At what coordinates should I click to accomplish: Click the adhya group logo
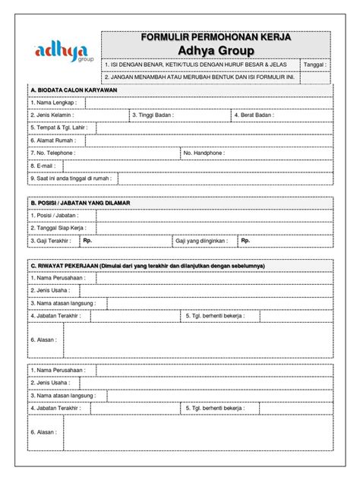coord(61,53)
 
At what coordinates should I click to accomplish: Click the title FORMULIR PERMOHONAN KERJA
coord(216,37)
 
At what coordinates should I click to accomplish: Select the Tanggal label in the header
coord(315,65)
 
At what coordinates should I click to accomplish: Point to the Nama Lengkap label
coord(51,103)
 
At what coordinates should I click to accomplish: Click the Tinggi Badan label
coord(153,115)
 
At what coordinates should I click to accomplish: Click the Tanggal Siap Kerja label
coord(58,228)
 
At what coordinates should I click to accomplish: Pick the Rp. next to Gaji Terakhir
coord(87,241)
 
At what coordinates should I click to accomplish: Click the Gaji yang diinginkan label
coord(203,241)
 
